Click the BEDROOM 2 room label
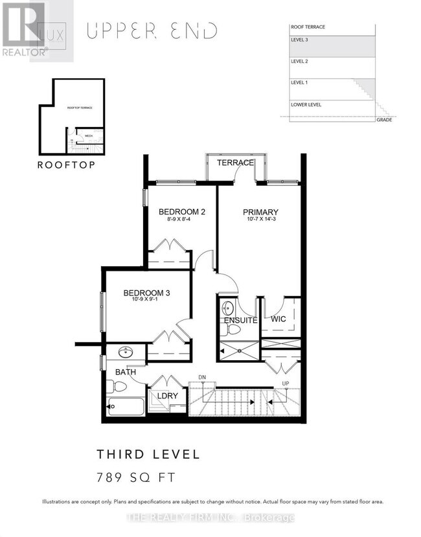182,212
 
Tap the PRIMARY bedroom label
260,212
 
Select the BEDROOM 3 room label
146,293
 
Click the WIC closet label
279,319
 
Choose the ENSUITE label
241,320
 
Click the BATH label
125,372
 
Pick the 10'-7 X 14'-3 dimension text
260,220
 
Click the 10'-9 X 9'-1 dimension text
146,301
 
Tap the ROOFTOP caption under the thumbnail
67,165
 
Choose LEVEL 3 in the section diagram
300,40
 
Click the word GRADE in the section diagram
383,120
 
